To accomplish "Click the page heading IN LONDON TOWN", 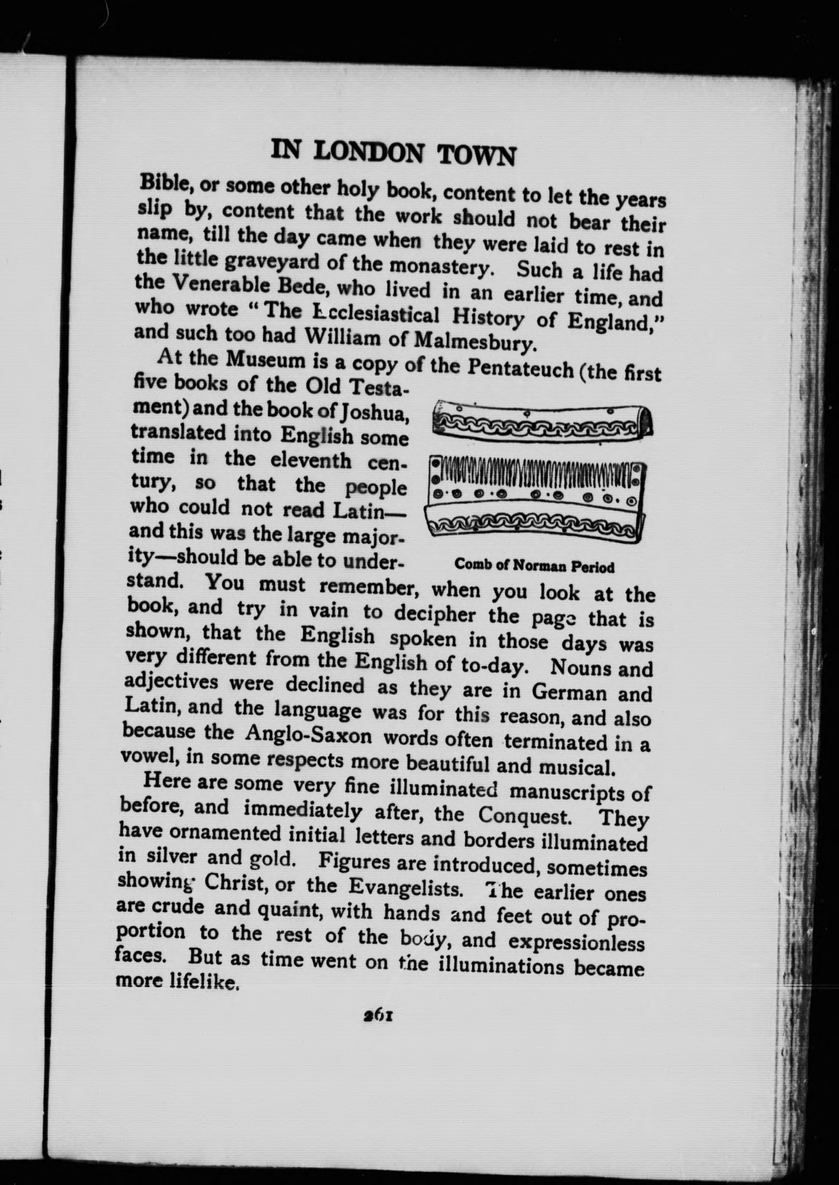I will click(393, 153).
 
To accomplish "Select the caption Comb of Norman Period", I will click(534, 566).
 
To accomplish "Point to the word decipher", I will click(434, 614).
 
